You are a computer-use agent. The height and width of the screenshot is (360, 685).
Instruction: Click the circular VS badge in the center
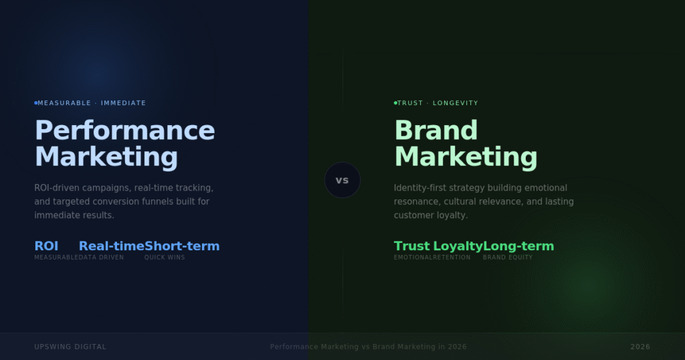[x=342, y=180]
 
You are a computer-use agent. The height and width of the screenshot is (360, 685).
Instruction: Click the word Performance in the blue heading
[x=124, y=130]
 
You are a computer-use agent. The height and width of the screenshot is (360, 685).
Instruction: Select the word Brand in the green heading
[x=435, y=130]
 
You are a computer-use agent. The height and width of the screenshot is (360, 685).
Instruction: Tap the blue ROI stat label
[x=46, y=246]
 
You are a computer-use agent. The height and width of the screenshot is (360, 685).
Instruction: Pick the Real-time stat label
[x=111, y=246]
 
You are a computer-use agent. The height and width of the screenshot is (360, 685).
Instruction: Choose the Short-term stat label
[x=182, y=246]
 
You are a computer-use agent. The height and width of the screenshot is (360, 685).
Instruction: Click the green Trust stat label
[x=411, y=246]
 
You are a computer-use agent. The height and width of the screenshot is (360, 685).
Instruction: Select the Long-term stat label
[x=518, y=246]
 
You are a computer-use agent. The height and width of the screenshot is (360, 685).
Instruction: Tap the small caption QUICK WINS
[x=165, y=258]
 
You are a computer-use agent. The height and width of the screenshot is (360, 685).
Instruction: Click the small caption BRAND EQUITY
[x=508, y=258]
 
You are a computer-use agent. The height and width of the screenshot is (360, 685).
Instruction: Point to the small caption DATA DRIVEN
[x=101, y=258]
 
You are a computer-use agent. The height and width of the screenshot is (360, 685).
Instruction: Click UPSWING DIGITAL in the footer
[x=70, y=347]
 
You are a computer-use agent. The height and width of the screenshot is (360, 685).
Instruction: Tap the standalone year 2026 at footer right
[x=640, y=347]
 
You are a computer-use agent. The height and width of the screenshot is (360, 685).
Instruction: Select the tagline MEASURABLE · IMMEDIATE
[x=92, y=103]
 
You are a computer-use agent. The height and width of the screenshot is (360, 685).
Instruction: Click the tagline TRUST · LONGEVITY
[x=438, y=103]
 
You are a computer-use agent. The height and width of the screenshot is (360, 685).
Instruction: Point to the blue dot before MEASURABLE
[x=35, y=103]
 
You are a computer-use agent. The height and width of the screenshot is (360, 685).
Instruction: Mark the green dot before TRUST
[x=395, y=103]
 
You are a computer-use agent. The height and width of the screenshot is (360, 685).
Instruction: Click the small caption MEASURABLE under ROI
[x=56, y=258]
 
